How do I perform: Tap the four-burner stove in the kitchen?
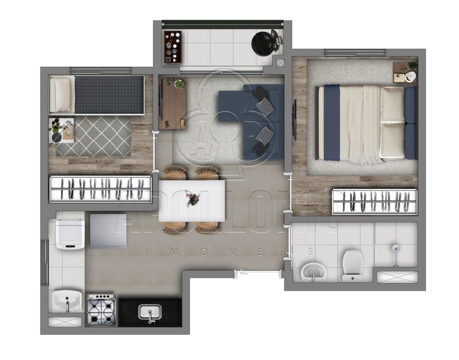point(101,310)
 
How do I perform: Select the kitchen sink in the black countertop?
point(150,313)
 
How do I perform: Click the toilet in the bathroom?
point(352,265)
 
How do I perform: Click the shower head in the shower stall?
point(395,250)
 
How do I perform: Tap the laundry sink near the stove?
point(67,301)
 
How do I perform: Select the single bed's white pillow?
point(62,94)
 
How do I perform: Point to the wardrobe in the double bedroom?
point(374,201)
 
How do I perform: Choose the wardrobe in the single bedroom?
point(101,189)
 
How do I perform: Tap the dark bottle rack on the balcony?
point(173,47)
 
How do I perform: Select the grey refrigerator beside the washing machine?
point(108,231)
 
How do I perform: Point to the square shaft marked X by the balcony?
point(280,62)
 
